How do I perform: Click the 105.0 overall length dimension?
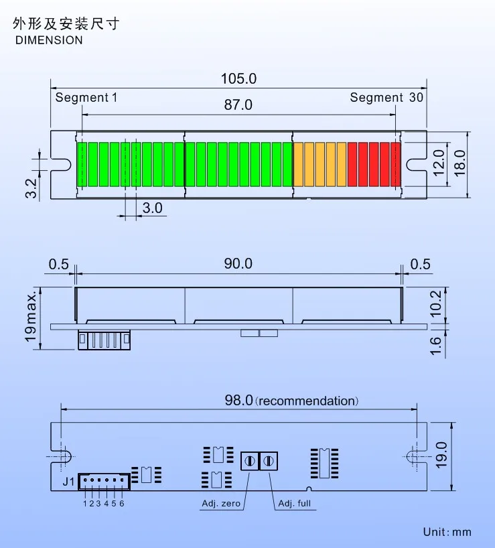click(238, 78)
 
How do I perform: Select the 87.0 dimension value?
click(238, 105)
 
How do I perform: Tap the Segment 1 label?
click(86, 98)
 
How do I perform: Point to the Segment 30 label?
click(386, 98)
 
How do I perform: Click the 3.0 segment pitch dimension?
click(153, 208)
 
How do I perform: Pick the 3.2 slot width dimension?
click(31, 188)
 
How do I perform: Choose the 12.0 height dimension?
click(439, 163)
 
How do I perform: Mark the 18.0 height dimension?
click(459, 163)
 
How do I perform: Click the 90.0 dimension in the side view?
click(238, 264)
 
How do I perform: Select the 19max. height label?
click(31, 316)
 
